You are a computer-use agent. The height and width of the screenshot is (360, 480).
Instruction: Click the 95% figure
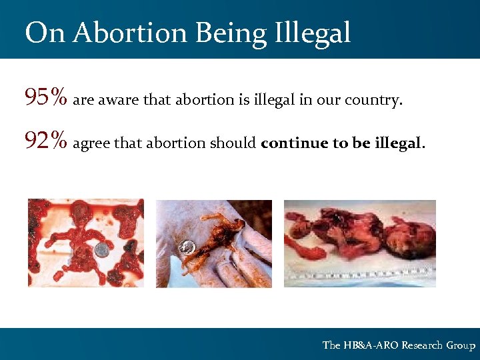pos(46,99)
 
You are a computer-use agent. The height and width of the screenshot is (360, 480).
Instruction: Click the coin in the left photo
pos(101,249)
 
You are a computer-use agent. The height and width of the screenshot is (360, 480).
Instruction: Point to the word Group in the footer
pos(461,345)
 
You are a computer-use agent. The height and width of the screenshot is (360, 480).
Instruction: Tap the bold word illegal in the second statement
pos(398,143)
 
